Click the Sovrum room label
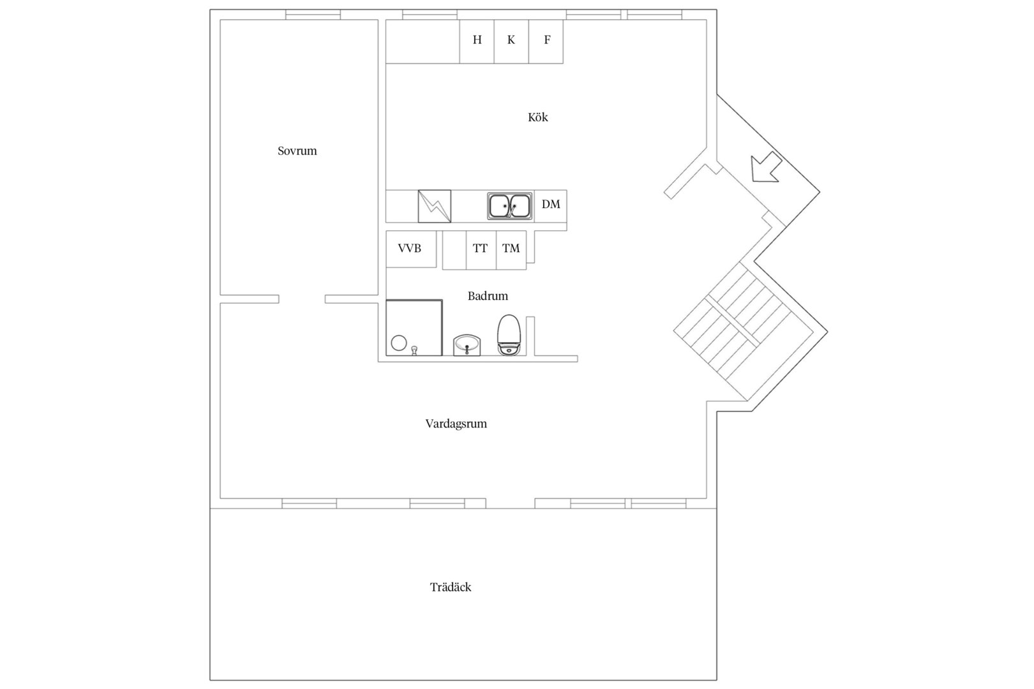coord(297,151)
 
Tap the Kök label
coord(538,117)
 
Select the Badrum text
coord(488,296)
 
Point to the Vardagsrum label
coord(456,424)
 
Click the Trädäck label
coord(451,587)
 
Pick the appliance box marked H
coord(477,41)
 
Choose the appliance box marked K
coord(511,41)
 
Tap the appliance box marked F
coord(546,41)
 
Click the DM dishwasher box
coord(551,206)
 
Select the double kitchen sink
coord(509,206)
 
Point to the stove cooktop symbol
coord(435,206)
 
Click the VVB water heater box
coord(411,249)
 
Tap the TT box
coord(481,249)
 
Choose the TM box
coord(511,249)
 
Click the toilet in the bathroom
coord(509,335)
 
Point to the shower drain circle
coord(399,343)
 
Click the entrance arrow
coord(766,168)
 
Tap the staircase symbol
coord(743,331)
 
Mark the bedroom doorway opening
coord(302,299)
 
